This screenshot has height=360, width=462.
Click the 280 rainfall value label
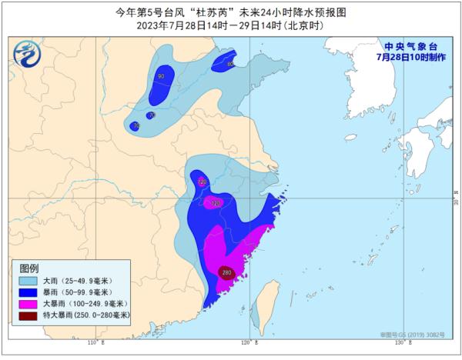pos(226,272)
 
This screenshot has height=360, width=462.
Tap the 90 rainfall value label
pos(161,76)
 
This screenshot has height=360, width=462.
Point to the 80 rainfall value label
pos(231,65)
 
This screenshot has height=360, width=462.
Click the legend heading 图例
pos(28,268)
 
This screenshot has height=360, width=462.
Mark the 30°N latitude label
pos(455,199)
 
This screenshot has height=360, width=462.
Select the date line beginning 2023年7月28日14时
pos(230,25)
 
